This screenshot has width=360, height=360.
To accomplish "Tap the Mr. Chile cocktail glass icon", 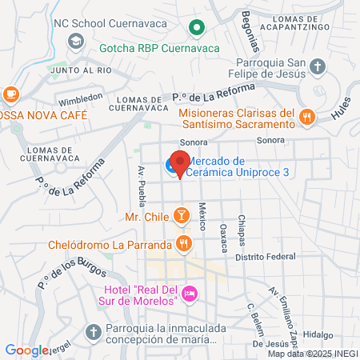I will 182,216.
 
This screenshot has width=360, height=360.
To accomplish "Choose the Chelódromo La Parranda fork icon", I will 184,242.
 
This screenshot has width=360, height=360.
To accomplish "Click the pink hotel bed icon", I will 190,294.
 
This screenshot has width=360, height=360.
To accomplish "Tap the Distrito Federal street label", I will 265,258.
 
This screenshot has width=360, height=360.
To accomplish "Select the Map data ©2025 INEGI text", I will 311,353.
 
